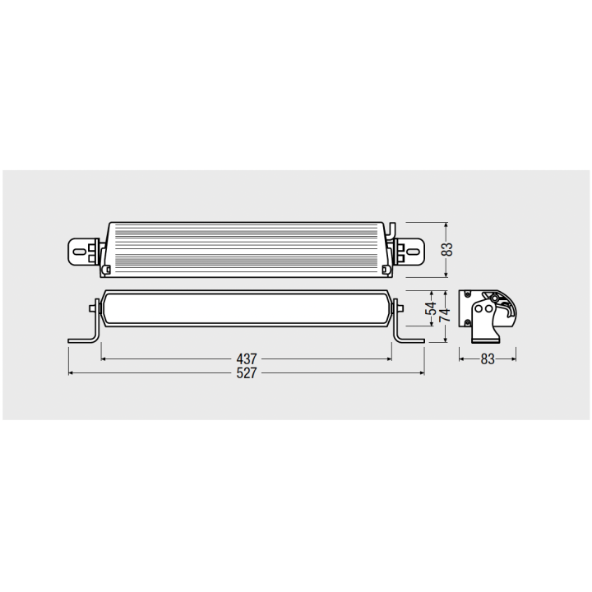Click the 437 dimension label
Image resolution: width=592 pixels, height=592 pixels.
(247, 358)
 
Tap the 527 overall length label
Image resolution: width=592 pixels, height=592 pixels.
(247, 373)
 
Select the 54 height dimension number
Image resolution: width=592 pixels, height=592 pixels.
(431, 308)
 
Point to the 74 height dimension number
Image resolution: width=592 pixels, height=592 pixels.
(445, 315)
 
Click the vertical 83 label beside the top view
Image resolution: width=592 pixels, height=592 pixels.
(447, 249)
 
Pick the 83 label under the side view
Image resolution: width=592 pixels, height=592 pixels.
(488, 359)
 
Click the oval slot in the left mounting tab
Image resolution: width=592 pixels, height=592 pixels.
(79, 252)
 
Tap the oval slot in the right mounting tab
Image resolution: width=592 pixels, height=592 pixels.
(413, 252)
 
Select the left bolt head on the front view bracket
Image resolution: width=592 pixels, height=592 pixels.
(92, 308)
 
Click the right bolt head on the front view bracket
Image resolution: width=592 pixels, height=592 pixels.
(400, 308)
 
